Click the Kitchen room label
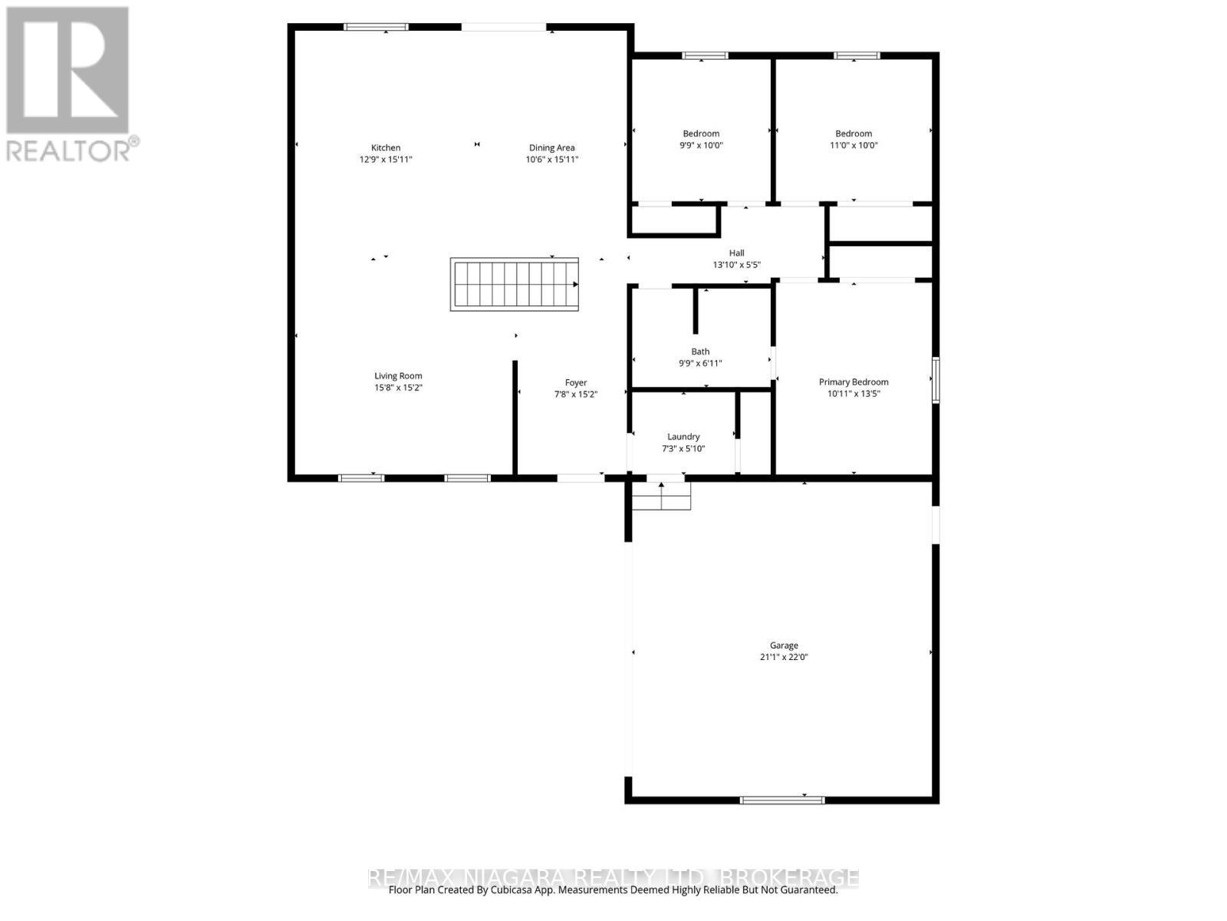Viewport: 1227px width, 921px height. point(386,147)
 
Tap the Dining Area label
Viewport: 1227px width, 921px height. point(551,147)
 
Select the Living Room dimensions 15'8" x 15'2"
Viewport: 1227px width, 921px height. point(398,388)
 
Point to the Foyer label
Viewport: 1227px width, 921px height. point(576,382)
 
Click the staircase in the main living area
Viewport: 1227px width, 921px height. point(514,284)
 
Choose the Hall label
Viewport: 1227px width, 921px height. point(736,253)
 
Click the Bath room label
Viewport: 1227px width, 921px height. point(700,352)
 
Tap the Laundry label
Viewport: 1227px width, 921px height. point(683,437)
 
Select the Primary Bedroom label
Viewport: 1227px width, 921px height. point(854,381)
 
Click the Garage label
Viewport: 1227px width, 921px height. point(784,645)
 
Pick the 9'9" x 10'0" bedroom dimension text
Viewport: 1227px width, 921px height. point(701,145)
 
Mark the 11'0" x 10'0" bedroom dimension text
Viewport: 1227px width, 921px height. point(854,145)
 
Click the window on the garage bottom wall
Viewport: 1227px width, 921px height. point(782,800)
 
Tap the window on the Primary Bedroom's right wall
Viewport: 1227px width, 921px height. point(936,379)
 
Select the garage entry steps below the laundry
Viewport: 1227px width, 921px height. point(661,496)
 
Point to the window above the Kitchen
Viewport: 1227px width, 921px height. point(376,27)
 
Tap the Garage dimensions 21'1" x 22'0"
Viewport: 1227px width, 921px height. point(784,657)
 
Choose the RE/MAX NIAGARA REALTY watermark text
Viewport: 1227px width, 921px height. point(613,876)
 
